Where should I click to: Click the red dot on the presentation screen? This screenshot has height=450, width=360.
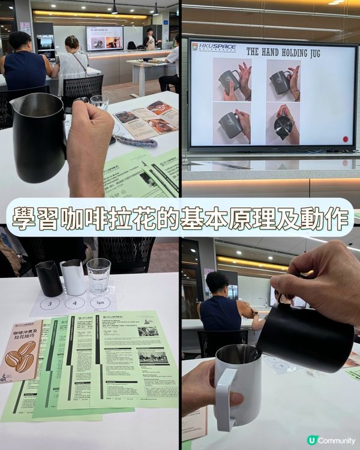coord(346,139)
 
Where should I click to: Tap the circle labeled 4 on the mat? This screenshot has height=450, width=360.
coord(75,303)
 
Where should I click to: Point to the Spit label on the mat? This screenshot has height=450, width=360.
coord(100,304)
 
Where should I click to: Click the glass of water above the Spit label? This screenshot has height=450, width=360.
coord(98,275)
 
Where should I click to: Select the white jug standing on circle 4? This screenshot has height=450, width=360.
coord(73,277)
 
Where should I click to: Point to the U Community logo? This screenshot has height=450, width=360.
coord(331,440)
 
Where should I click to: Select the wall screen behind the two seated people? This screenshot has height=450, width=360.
coord(104,38)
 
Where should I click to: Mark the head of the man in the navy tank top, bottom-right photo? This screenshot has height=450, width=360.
coord(217,282)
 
